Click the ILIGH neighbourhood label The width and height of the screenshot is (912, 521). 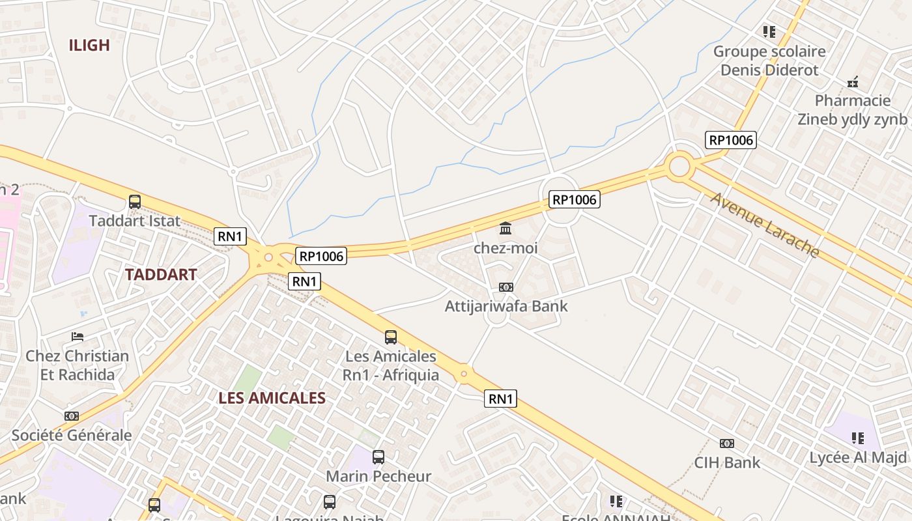point(89,45)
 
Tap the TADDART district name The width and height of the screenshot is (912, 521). point(161,274)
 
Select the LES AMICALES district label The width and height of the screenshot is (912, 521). point(272,398)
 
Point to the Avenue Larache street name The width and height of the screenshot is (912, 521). point(764,224)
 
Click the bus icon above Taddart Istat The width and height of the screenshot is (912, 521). point(135,202)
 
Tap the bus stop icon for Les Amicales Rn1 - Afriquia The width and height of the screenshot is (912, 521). point(391,337)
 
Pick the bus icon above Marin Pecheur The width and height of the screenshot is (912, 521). point(378,457)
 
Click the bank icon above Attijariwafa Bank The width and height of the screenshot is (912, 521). point(506,287)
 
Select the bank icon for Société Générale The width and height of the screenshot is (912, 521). point(72,416)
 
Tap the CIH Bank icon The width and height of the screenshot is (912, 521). point(727,444)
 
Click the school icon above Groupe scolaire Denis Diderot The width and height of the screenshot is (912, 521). point(769,31)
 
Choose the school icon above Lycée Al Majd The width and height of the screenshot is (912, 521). point(857,438)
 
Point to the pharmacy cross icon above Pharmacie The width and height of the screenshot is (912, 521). point(853,82)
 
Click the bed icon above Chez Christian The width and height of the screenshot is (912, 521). point(78,337)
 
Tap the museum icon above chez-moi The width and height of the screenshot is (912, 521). point(506,229)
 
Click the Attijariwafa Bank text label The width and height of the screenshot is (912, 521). point(506,306)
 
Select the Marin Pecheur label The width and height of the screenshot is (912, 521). point(378,476)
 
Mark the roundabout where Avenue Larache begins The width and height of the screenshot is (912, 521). point(679,166)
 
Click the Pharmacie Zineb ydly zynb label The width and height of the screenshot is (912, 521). point(853,109)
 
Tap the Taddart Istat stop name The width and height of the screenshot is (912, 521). point(135,221)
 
